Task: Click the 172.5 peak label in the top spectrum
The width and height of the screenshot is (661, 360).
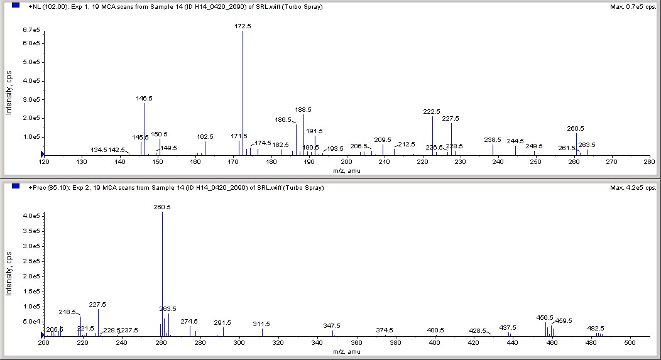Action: point(243,26)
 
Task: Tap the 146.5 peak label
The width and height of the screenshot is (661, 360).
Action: point(145,99)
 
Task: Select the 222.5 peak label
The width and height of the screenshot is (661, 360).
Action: point(432,111)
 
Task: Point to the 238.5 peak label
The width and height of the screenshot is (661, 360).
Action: point(493,139)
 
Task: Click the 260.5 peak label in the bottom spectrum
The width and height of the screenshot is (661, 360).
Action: point(162,207)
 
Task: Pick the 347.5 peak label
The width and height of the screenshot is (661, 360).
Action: point(332,325)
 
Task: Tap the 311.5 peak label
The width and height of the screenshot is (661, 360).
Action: point(261,324)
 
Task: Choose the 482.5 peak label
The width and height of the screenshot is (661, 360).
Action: point(596,328)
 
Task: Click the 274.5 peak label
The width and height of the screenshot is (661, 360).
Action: point(189,321)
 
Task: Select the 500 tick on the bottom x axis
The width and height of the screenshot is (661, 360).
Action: point(631,343)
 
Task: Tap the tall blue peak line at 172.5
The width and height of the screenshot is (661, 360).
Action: point(243,94)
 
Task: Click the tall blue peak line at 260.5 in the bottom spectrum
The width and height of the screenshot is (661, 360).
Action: point(162,276)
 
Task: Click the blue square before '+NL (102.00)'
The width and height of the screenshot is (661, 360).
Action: point(16,5)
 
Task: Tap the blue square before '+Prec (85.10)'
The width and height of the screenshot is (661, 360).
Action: point(16,187)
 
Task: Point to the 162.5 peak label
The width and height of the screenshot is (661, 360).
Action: point(205,136)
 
